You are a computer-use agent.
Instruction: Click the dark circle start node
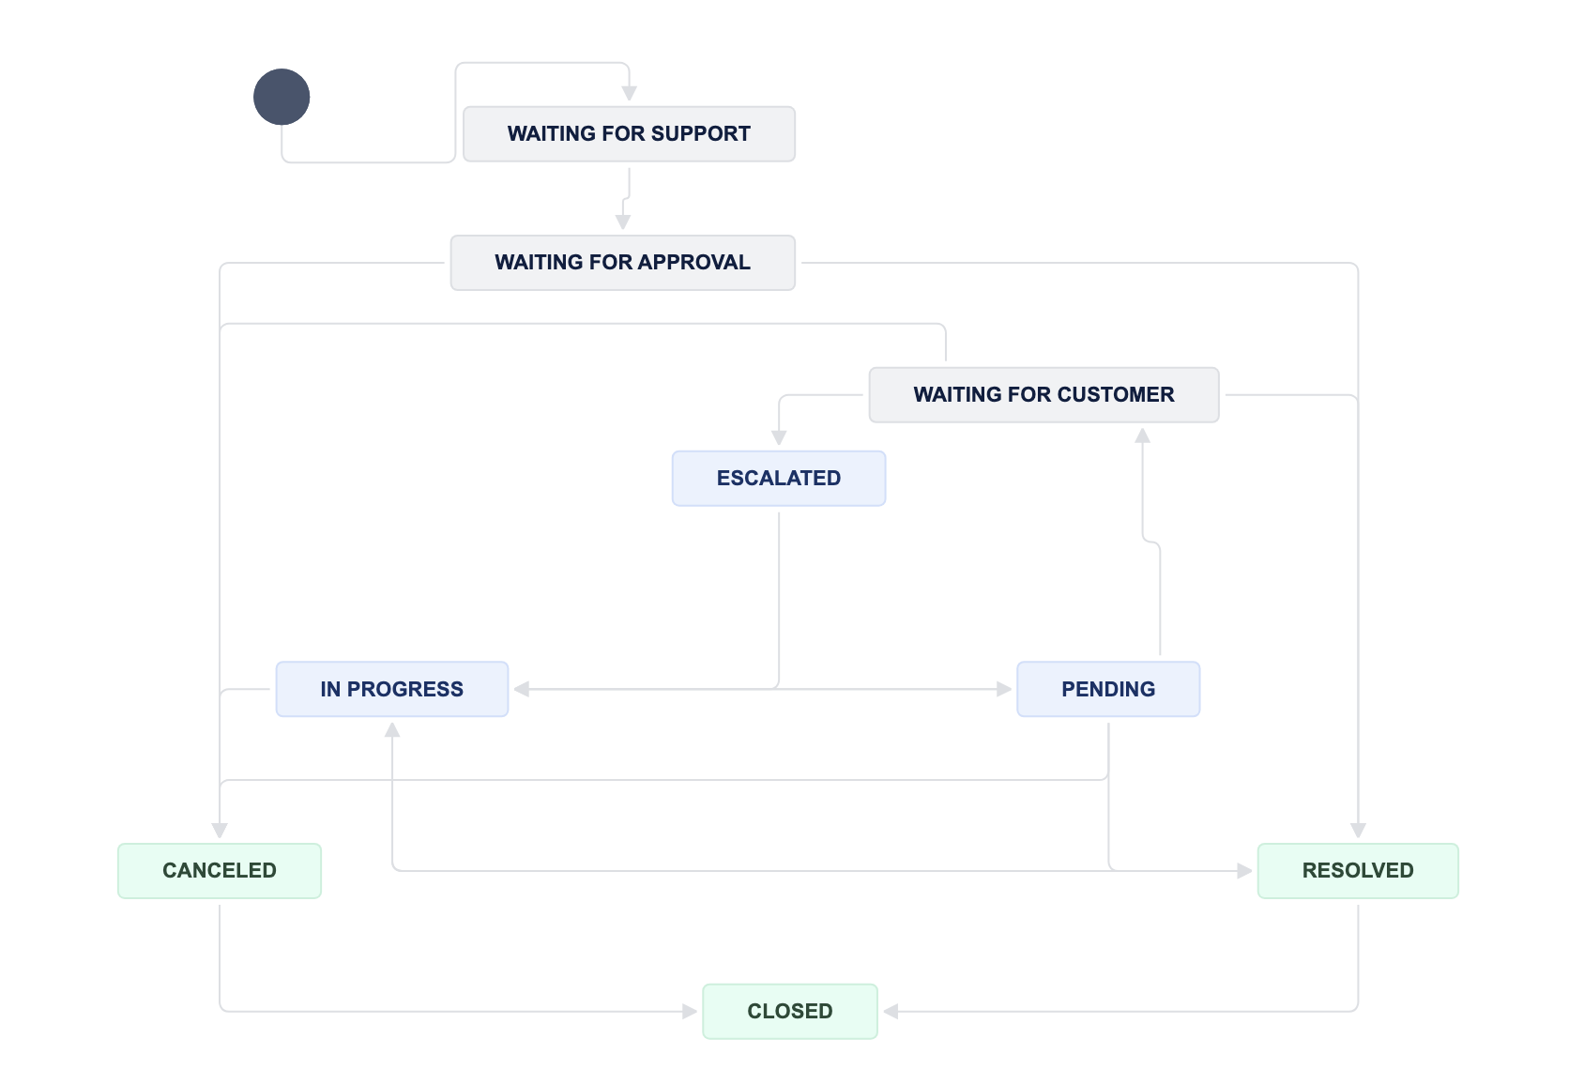pyautogui.click(x=282, y=97)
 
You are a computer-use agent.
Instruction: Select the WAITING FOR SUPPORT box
pyautogui.click(x=629, y=134)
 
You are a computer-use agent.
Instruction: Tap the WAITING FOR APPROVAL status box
pyautogui.click(x=623, y=263)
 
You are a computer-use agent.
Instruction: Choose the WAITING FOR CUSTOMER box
pyautogui.click(x=1043, y=395)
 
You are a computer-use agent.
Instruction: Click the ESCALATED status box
pyautogui.click(x=779, y=479)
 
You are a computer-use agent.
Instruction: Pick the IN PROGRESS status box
pyautogui.click(x=392, y=689)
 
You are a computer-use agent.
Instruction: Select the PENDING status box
pyautogui.click(x=1108, y=689)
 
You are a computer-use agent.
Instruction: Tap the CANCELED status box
pyautogui.click(x=220, y=871)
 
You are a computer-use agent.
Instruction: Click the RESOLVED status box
pyautogui.click(x=1358, y=871)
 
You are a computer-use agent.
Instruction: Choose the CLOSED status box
pyautogui.click(x=790, y=1012)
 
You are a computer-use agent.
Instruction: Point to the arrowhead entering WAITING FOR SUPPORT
pyautogui.click(x=629, y=93)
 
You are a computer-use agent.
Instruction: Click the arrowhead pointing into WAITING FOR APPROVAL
pyautogui.click(x=623, y=222)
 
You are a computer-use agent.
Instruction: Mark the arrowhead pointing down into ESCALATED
pyautogui.click(x=779, y=437)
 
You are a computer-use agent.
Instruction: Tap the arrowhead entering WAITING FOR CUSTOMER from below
pyautogui.click(x=1142, y=436)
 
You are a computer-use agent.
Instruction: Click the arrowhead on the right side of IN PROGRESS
pyautogui.click(x=522, y=689)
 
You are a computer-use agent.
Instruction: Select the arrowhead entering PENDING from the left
pyautogui.click(x=1004, y=689)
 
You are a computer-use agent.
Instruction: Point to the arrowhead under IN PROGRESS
pyautogui.click(x=392, y=730)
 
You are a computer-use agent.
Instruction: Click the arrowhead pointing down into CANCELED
pyautogui.click(x=220, y=831)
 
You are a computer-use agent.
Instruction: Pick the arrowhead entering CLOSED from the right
pyautogui.click(x=891, y=1012)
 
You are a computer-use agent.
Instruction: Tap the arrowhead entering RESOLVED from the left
pyautogui.click(x=1244, y=871)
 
